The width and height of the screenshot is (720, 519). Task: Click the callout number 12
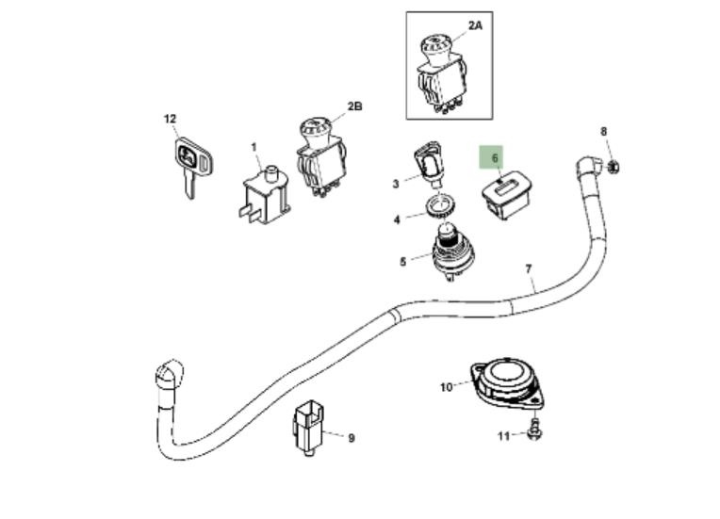[170, 119]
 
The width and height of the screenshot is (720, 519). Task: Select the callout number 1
[254, 147]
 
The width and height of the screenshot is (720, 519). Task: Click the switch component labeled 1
[266, 196]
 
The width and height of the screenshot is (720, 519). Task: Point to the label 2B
[354, 106]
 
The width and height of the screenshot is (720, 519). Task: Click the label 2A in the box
[475, 25]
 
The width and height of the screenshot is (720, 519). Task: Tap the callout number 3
[396, 184]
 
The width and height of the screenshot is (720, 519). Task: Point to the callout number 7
[529, 268]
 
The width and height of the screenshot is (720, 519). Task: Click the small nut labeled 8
[614, 167]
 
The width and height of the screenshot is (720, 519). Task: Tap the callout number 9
[352, 438]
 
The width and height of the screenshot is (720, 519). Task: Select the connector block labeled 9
[308, 428]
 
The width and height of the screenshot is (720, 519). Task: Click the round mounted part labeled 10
[506, 384]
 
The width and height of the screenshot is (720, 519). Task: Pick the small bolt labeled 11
[534, 430]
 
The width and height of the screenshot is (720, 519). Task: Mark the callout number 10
[447, 387]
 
